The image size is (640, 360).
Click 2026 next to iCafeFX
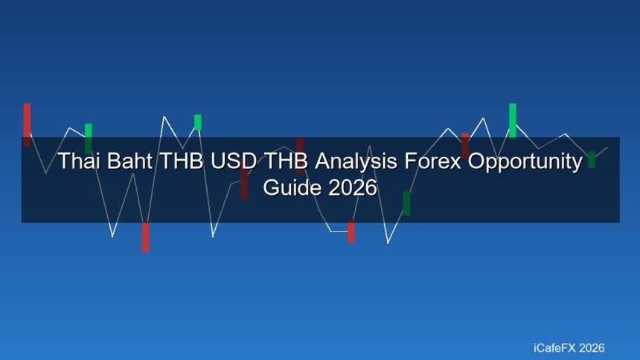pos(592,347)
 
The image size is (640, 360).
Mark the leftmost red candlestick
pos(27,124)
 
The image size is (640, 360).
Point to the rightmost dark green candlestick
pos(592,159)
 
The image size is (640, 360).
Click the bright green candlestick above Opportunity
pos(512,120)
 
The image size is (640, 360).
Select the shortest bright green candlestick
pos(197,122)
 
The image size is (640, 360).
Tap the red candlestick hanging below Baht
pos(145,237)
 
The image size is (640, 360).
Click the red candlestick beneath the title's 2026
pos(351,231)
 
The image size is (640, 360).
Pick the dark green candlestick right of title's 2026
pos(406,203)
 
